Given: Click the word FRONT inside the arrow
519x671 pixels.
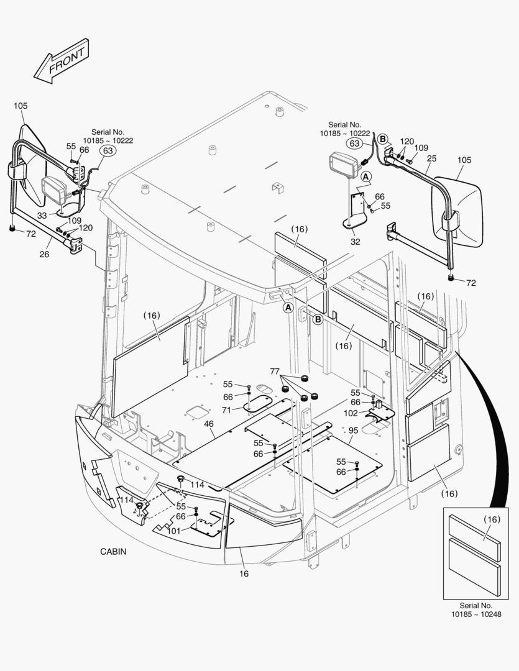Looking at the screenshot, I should (x=67, y=59).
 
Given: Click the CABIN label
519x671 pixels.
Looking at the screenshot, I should (x=113, y=551).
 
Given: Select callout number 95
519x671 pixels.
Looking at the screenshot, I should (x=353, y=431).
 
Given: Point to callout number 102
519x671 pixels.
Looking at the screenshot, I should (x=350, y=413).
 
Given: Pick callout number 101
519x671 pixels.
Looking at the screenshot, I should (x=173, y=531).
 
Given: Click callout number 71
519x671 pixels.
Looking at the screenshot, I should (x=227, y=410).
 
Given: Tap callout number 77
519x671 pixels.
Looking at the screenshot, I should (x=275, y=372).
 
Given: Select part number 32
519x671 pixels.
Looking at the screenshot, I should (x=355, y=242).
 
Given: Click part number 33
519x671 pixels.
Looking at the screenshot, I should (x=42, y=215).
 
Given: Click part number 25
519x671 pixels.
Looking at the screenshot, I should (x=431, y=159).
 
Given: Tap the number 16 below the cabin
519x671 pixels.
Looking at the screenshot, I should (x=244, y=573).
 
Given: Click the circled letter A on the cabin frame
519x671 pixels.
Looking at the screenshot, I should (x=288, y=307).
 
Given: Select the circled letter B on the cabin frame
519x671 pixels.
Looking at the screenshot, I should (x=317, y=319).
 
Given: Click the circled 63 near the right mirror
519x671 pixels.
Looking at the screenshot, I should (x=355, y=144).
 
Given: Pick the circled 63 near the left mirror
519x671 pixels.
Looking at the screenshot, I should (x=108, y=150).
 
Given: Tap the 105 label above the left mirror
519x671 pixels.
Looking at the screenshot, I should (x=21, y=106).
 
